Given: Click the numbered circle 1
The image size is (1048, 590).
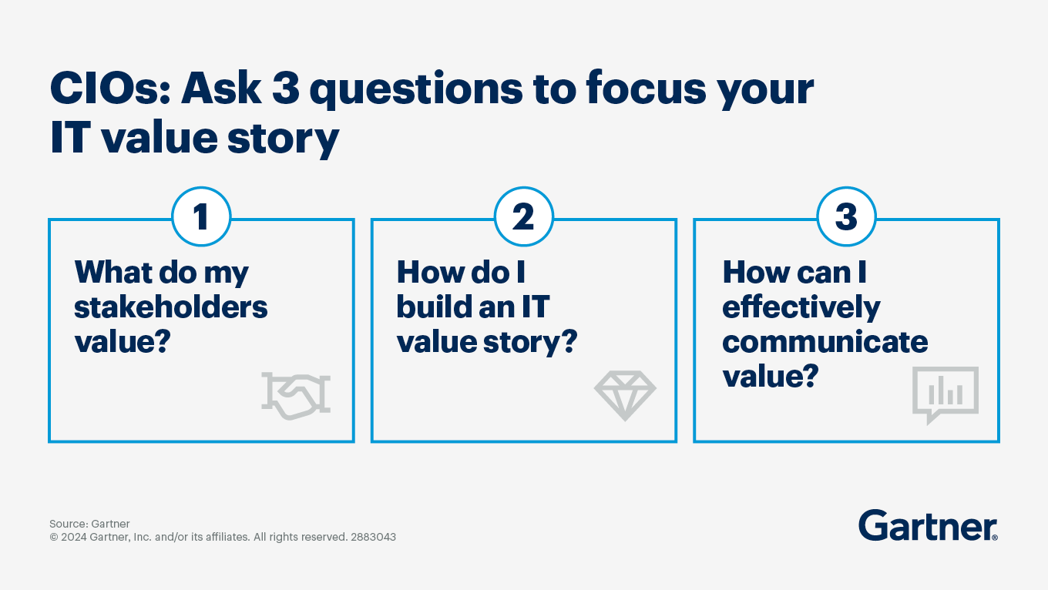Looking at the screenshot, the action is click(201, 216).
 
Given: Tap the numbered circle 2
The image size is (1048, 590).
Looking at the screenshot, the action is click(523, 216).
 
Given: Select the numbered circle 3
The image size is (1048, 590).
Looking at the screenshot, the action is click(846, 216).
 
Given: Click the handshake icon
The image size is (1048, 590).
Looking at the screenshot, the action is click(296, 395).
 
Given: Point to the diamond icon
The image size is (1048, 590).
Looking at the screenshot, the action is click(625, 395).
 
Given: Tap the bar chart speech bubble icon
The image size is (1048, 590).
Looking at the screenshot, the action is click(945, 395).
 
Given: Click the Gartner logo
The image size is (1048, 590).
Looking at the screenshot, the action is click(929, 525).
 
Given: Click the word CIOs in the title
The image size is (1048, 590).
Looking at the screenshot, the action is click(110, 89).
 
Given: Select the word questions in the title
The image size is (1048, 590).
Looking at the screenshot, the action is click(416, 90).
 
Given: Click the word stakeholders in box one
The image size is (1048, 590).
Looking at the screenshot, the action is click(171, 307).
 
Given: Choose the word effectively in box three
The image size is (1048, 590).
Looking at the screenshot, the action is click(801, 309).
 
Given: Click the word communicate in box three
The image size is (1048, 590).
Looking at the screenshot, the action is click(825, 342).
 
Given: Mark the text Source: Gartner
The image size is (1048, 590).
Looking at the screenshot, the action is click(89, 524).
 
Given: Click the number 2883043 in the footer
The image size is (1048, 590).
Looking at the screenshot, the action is click(373, 537).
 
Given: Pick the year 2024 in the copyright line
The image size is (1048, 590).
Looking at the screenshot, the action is click(73, 537).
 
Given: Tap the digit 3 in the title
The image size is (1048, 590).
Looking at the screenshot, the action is click(285, 88).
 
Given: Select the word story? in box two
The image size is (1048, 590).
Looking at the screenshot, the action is click(530, 344).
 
